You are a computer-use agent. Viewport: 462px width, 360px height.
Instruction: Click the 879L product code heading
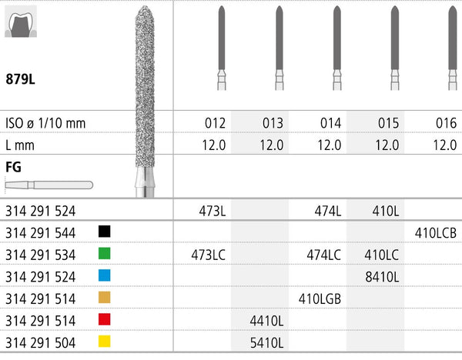20,79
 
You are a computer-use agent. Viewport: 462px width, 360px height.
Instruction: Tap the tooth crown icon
21,22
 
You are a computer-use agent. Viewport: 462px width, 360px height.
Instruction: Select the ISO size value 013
273,123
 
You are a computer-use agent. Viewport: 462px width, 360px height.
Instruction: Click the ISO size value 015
388,123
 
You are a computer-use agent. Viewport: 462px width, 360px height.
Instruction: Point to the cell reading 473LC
209,255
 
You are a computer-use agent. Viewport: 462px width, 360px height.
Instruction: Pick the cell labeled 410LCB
436,233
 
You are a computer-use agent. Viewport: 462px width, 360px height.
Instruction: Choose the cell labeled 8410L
382,277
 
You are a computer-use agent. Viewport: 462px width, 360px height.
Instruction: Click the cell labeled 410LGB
320,299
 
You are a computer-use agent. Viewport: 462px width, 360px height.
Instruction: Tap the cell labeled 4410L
266,321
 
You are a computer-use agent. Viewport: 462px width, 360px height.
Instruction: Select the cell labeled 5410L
266,343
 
